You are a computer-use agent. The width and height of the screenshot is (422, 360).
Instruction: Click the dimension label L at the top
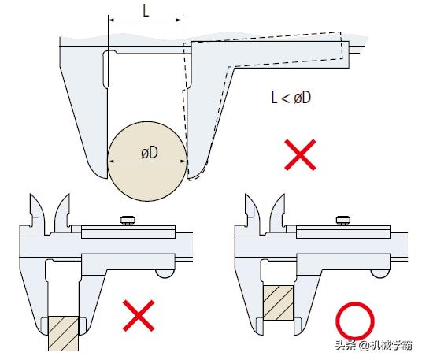(x=146, y=11)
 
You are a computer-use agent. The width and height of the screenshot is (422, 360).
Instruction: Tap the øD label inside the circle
(x=150, y=153)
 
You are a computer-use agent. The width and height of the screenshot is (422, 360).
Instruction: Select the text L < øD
(x=291, y=98)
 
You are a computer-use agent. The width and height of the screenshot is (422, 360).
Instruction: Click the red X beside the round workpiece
(x=300, y=154)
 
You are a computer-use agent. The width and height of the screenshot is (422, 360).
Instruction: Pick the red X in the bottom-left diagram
(x=139, y=316)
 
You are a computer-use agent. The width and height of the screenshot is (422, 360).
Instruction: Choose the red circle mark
(x=355, y=321)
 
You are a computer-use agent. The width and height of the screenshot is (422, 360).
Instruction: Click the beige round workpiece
(x=147, y=161)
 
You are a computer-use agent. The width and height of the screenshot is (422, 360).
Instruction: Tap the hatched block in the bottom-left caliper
(x=64, y=333)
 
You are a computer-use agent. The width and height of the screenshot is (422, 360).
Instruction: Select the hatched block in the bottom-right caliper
(x=279, y=303)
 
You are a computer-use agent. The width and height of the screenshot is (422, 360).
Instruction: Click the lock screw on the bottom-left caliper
(x=128, y=221)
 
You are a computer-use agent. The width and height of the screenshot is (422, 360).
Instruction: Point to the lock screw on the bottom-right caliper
(x=343, y=221)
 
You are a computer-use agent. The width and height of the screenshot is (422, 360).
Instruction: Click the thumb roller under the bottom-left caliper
(x=165, y=273)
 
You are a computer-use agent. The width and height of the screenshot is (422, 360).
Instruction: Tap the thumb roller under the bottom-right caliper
(x=380, y=273)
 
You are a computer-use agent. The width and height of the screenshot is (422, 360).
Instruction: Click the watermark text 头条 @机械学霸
(x=373, y=345)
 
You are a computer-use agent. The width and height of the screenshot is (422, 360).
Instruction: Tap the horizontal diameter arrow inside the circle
(x=147, y=161)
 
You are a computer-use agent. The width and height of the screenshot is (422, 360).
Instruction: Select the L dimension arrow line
(x=146, y=20)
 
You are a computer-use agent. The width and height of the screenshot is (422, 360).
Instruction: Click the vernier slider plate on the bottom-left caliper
(x=128, y=232)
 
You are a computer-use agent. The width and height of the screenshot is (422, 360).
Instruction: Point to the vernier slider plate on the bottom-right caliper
(x=343, y=232)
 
